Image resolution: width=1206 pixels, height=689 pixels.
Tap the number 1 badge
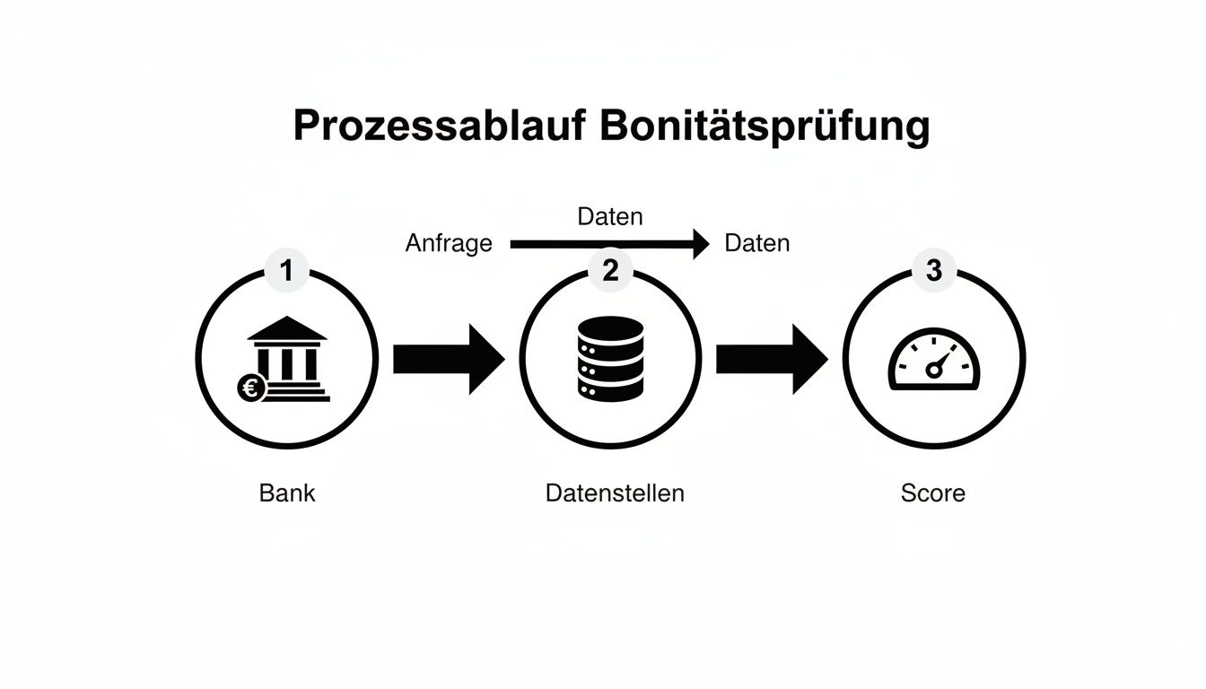(x=286, y=270)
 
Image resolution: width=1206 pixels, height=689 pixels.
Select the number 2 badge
(x=610, y=270)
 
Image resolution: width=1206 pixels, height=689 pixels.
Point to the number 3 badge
(x=933, y=270)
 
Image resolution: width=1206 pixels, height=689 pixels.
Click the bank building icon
(x=287, y=359)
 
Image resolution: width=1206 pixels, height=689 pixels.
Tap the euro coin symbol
(x=249, y=388)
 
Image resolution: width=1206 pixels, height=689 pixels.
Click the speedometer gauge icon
(x=934, y=361)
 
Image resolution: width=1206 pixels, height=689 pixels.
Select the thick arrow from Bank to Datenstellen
(x=449, y=359)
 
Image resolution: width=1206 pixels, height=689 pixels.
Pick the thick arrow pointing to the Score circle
(x=772, y=359)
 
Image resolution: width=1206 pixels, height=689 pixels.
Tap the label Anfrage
(x=449, y=243)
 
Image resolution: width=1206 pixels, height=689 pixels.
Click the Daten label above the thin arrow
(x=610, y=216)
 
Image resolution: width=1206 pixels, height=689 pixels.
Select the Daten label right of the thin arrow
(x=756, y=243)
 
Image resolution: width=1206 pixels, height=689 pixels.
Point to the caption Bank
(x=287, y=493)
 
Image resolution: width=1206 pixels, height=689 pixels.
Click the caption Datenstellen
(x=615, y=493)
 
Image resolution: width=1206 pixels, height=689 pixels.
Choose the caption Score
(x=933, y=493)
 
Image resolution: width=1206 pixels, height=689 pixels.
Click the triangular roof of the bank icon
(x=287, y=329)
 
